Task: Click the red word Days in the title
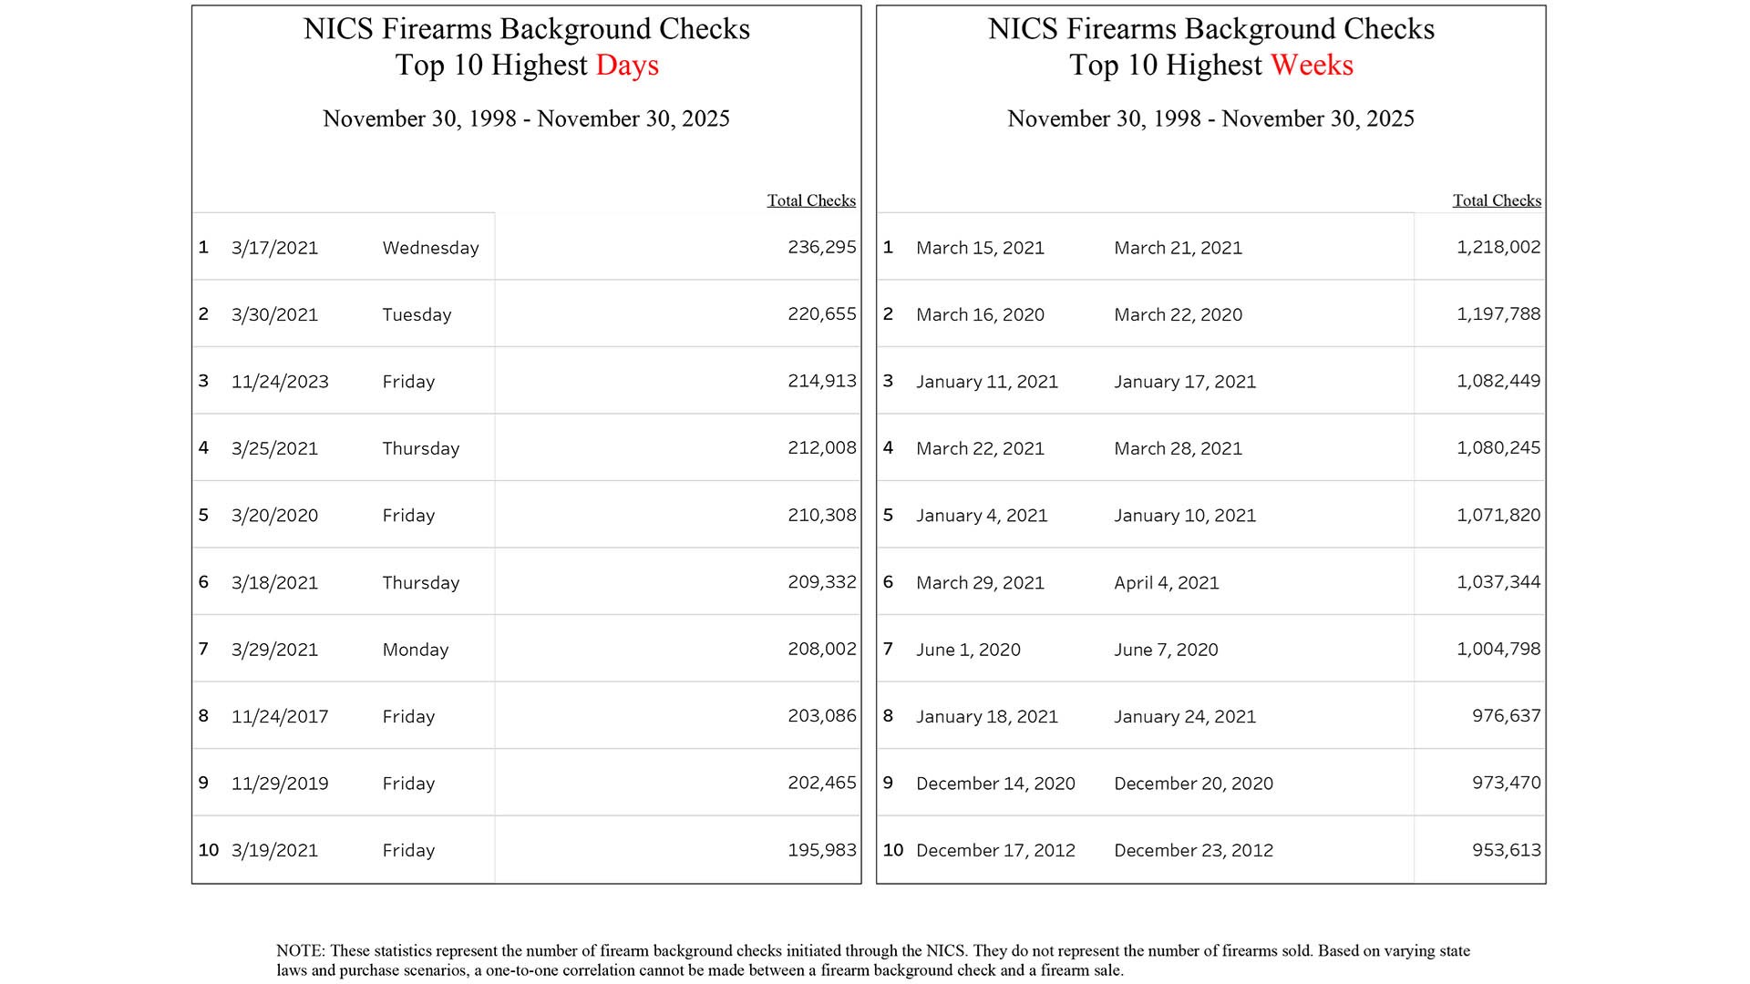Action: (627, 66)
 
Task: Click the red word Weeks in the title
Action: (1312, 66)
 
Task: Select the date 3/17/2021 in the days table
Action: (274, 248)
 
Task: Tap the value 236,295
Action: (822, 247)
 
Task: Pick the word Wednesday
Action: (430, 248)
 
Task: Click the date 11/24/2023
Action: (280, 382)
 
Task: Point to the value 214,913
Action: (822, 381)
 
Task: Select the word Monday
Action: (416, 650)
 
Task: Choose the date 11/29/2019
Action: (280, 784)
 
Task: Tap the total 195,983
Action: (822, 850)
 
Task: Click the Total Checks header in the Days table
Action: (811, 200)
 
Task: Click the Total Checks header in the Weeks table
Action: (1497, 200)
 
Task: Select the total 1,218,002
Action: (1498, 247)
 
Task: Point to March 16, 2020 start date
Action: (980, 314)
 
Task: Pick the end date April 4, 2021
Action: (1166, 583)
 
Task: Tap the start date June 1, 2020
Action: (968, 650)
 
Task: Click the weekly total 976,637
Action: (1506, 716)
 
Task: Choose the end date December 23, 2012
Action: (1193, 850)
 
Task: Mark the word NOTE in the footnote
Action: (300, 951)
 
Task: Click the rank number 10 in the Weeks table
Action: (893, 850)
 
